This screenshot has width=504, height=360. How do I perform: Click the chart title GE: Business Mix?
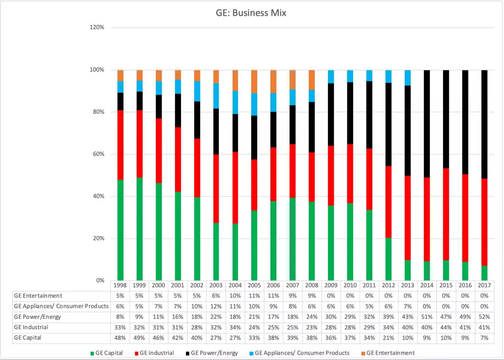251,13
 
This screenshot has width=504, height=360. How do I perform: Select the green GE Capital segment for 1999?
139,228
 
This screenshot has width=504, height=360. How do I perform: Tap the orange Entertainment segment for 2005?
254,81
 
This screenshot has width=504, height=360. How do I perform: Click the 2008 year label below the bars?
312,285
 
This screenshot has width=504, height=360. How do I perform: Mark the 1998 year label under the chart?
120,285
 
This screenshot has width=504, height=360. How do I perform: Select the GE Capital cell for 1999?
139,338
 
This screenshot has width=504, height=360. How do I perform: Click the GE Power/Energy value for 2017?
484,317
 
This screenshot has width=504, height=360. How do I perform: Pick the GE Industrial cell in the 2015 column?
446,328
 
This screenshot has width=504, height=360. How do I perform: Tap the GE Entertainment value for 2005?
254,296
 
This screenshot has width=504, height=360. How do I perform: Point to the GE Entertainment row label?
38,296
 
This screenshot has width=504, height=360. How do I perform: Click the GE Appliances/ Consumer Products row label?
58,306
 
